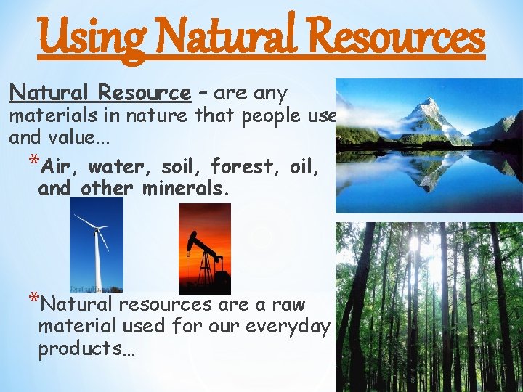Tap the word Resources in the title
[392, 36]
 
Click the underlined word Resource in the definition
[144, 93]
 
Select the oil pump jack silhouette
[205, 258]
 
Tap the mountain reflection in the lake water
[429, 174]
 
